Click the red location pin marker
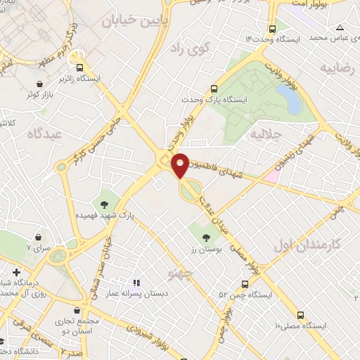(181, 164)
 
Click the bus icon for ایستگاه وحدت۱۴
(273, 29)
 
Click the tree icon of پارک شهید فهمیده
(105, 205)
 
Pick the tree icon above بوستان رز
(205, 238)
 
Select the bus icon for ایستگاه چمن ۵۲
(244, 284)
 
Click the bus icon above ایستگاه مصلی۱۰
(300, 315)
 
